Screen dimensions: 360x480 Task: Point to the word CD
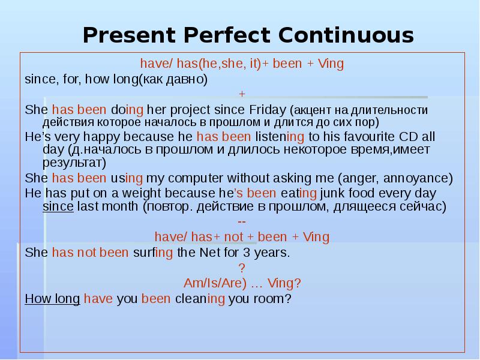[x=403, y=136]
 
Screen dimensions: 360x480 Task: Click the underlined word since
[x=58, y=206]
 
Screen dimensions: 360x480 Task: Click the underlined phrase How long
[x=52, y=298]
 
